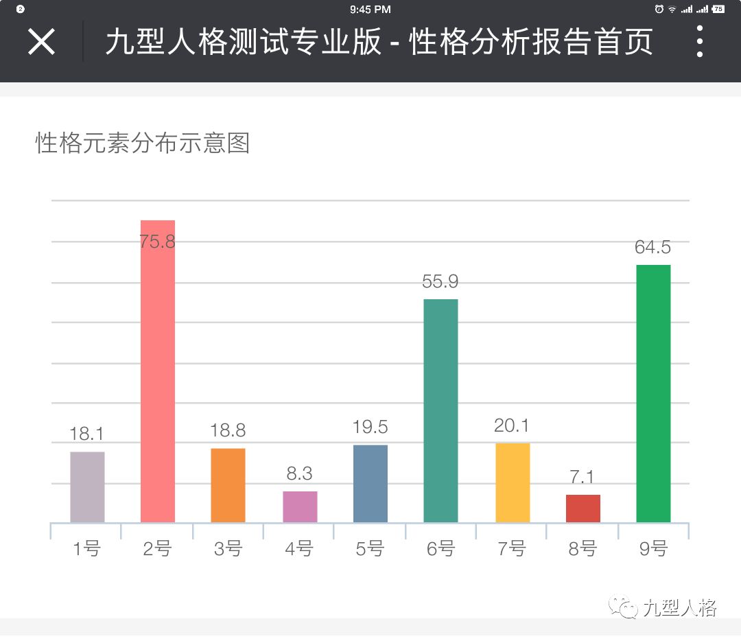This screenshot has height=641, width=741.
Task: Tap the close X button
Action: (x=41, y=42)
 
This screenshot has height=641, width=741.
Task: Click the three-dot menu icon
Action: (x=699, y=42)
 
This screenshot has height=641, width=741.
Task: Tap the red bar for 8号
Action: (x=583, y=509)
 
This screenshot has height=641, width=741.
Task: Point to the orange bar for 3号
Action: (x=228, y=485)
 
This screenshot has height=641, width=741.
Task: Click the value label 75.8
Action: (x=157, y=242)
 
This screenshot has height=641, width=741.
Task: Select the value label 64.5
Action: (x=652, y=247)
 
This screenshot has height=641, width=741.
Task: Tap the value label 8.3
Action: (x=299, y=474)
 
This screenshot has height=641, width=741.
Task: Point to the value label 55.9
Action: (x=440, y=281)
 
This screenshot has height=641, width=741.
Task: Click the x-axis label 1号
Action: (x=86, y=549)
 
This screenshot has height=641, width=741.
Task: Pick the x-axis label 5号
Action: (x=370, y=549)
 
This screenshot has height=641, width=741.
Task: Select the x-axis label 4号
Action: (x=298, y=549)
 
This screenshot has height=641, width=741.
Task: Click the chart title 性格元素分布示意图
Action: (x=143, y=143)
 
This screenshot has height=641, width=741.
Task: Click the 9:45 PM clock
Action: (x=370, y=9)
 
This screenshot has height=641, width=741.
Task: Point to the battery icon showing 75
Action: (x=718, y=9)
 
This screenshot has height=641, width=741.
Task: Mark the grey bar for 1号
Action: (x=87, y=487)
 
